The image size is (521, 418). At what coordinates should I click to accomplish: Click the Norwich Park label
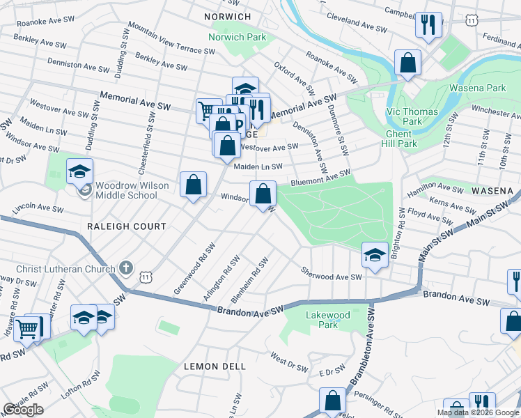click(x=237, y=36)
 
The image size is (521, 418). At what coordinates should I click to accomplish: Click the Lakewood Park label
click(x=328, y=320)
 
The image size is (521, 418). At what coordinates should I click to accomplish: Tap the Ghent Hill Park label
click(x=401, y=139)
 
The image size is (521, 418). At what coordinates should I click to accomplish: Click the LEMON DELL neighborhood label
click(x=215, y=366)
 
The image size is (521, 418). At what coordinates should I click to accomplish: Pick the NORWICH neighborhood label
click(x=228, y=16)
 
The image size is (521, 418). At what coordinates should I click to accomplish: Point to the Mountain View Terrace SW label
click(x=171, y=40)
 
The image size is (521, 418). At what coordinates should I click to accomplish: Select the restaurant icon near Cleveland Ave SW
click(x=428, y=25)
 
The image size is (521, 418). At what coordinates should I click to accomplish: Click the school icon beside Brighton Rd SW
click(x=375, y=254)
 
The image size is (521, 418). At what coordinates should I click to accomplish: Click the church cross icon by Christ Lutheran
click(x=125, y=267)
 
